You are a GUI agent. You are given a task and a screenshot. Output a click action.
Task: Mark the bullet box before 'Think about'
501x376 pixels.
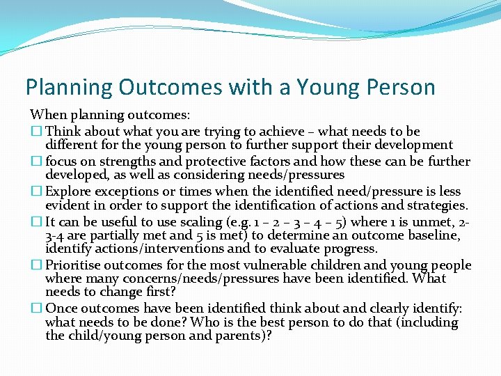[35, 131]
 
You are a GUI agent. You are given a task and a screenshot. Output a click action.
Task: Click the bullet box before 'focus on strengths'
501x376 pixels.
[35, 161]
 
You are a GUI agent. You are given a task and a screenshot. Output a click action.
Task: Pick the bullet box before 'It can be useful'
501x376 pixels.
[35, 221]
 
